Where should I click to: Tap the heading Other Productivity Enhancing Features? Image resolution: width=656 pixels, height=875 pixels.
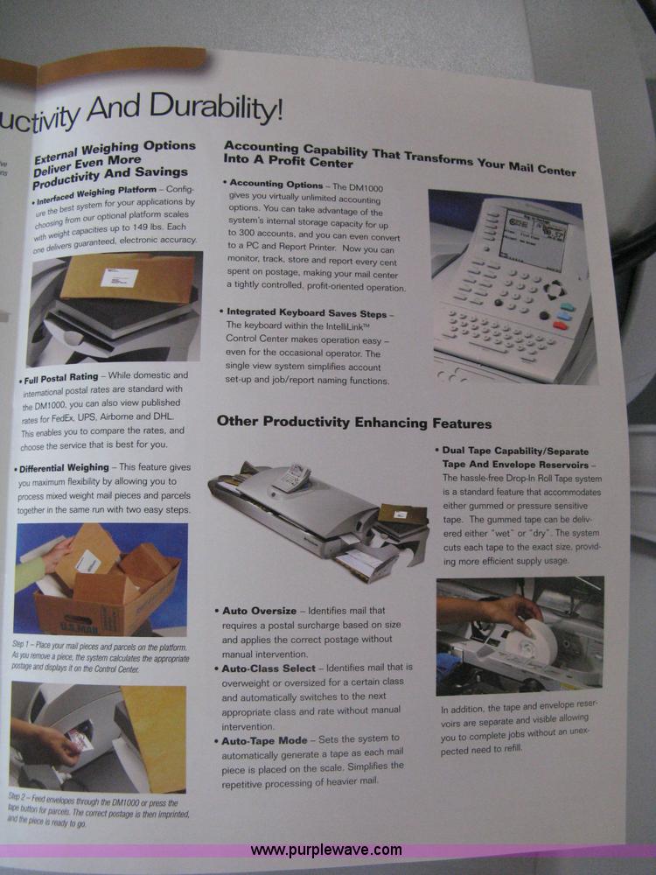354,423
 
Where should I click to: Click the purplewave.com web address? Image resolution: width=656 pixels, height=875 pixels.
326,850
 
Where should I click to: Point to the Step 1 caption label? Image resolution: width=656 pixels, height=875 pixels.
27,643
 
